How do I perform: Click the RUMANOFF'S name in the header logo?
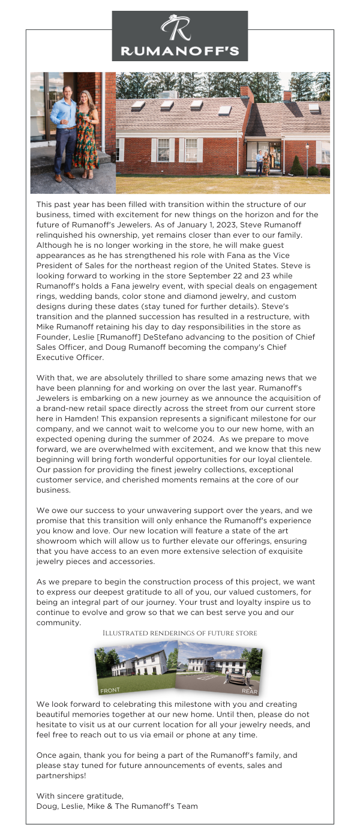[180, 50]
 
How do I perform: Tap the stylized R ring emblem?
[179, 28]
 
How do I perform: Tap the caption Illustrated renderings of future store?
[180, 633]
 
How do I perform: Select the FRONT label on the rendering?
[110, 691]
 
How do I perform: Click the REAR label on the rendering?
[249, 691]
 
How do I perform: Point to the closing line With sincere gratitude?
[80, 796]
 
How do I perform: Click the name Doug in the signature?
[47, 806]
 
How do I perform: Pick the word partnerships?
[60, 775]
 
